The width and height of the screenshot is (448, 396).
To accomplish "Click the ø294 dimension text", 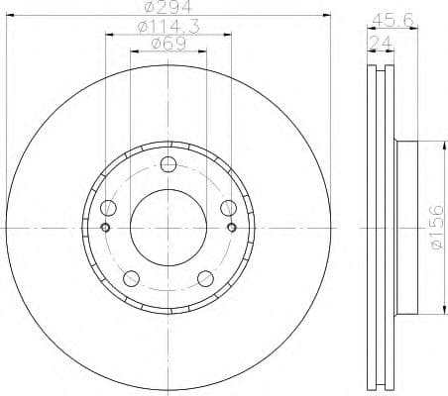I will click(x=167, y=9).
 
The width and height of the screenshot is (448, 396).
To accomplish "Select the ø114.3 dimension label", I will click(x=167, y=27).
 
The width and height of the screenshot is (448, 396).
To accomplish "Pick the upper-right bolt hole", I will click(x=227, y=207).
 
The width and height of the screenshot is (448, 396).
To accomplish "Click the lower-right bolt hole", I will click(x=204, y=277).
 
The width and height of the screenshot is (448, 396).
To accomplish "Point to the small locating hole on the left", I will click(x=104, y=227).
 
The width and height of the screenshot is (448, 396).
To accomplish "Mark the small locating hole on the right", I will click(x=231, y=227).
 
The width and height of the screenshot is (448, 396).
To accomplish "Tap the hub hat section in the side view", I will click(x=406, y=227).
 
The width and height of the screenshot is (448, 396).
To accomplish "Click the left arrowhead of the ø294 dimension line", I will click(x=9, y=17).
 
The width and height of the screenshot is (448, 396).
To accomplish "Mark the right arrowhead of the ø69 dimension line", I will click(x=201, y=51).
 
